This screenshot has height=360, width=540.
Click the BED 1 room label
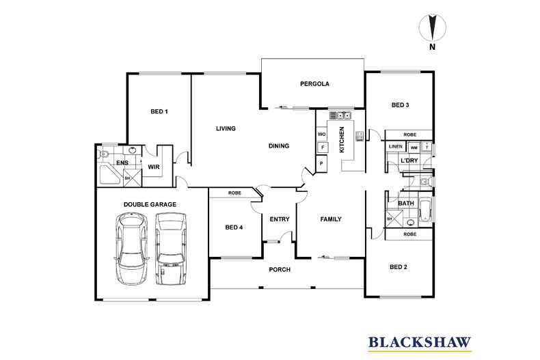point(159,111)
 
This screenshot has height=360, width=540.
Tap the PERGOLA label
point(315,84)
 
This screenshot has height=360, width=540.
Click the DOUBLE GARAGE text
point(150,204)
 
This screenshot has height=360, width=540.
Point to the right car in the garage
point(171,249)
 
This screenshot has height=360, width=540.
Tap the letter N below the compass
point(431,48)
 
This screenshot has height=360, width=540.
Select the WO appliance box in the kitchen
point(321,134)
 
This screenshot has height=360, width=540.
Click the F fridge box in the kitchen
point(321,147)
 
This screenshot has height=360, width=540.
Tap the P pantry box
point(321,163)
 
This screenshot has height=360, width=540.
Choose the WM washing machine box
point(414,148)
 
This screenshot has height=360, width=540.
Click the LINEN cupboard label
point(395,147)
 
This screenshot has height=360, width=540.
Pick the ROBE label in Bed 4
point(234,193)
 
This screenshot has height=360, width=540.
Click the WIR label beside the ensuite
point(154,166)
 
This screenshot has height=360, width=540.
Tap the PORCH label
point(280,270)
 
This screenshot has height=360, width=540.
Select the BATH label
point(406,204)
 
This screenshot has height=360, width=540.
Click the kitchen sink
point(341,115)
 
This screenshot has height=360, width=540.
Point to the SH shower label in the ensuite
point(126,178)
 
